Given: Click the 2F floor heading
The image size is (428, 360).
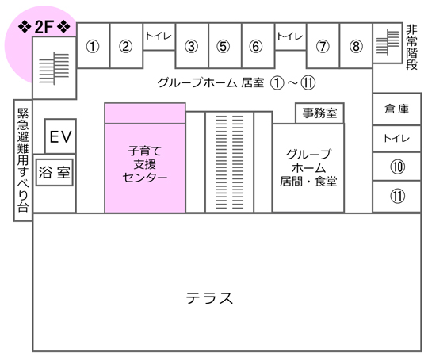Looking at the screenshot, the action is point(44,27).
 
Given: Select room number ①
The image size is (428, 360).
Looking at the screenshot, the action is point(93,46).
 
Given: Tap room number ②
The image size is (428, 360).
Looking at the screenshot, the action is point(125,46).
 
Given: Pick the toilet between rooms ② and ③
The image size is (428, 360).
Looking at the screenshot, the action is point(159,36).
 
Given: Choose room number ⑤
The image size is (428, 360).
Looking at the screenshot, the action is point(224,46).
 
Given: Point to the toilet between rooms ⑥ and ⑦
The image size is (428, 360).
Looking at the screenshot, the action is point(290,36).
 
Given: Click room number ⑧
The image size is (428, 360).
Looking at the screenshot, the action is point(356,46).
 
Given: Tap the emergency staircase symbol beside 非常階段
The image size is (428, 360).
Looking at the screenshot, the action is point(388,42).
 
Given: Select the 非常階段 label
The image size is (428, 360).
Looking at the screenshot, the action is point(411,47).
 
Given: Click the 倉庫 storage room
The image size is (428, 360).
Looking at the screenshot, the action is point(396,109).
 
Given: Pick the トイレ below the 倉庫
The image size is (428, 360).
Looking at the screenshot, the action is point(396,139).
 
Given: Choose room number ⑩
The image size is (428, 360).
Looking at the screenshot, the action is point(397,167).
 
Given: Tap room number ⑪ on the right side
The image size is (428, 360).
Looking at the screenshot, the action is point(397,196).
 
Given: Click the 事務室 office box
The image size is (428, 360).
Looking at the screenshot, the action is point(319,113).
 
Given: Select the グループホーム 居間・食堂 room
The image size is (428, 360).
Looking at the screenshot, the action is point(308,167).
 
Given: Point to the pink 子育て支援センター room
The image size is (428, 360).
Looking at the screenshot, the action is point(145,158).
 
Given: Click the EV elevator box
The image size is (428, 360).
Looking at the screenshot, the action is point(60,136).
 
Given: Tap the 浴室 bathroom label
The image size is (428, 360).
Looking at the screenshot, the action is point(55,172).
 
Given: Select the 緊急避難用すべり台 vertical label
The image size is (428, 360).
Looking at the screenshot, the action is point(23,160).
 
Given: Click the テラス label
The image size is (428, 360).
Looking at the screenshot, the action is point(209,298).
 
